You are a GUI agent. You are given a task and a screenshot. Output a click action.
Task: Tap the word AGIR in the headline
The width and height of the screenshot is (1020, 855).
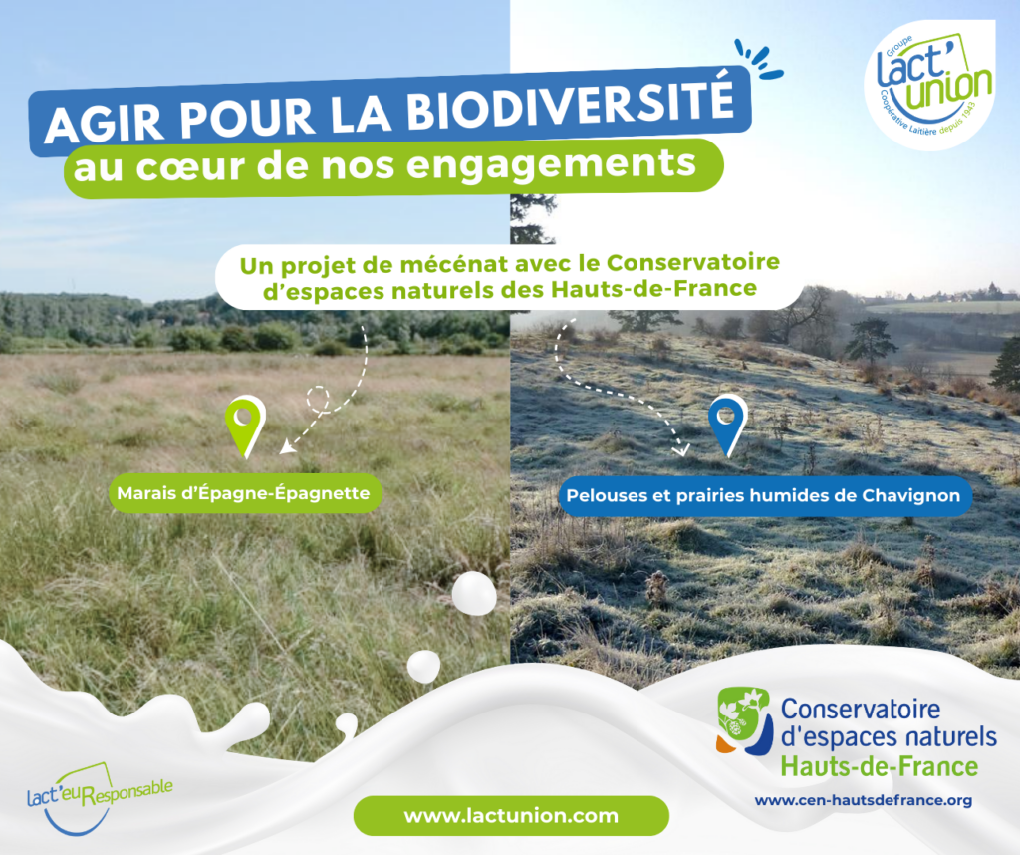104,123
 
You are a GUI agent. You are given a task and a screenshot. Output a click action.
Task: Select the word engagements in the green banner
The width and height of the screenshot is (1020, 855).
552,164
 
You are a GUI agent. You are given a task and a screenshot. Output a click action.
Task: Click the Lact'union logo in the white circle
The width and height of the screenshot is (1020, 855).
930,86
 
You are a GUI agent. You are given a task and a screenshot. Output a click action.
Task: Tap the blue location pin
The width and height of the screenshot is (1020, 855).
728,426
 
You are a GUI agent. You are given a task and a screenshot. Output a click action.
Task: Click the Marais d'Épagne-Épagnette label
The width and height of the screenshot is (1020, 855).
244,494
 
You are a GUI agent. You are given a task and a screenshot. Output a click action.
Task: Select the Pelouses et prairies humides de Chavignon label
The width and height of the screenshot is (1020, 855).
764,496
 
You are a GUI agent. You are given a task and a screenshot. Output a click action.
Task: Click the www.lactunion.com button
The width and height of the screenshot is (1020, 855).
511,816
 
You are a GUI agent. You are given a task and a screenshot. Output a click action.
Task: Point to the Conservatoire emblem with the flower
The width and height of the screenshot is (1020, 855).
743,721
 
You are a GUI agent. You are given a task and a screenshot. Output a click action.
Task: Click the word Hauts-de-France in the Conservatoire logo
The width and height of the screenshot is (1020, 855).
879,766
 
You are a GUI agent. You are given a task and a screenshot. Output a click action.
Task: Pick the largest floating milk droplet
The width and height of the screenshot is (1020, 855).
474,594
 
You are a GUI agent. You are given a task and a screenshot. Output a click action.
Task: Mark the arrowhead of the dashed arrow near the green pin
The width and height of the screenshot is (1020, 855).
285,448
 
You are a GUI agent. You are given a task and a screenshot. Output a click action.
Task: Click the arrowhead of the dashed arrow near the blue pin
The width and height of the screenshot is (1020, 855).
681,449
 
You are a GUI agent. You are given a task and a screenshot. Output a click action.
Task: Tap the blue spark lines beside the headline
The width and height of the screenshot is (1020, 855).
758,60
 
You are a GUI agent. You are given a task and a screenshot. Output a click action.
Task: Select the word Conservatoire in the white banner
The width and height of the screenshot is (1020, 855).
693,262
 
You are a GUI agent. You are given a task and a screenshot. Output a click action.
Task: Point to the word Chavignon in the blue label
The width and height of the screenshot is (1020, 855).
910,496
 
